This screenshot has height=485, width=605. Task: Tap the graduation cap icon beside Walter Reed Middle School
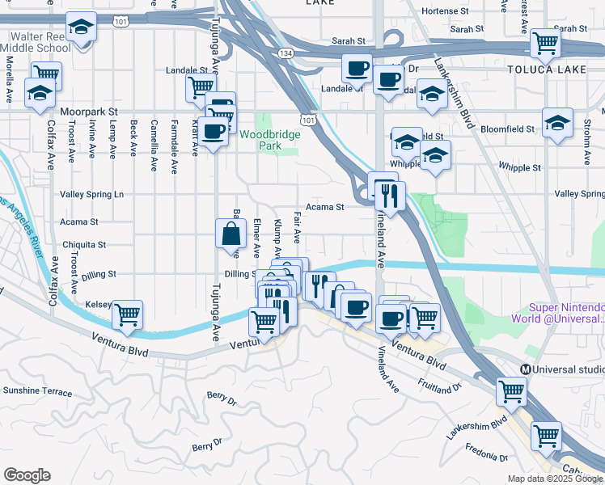click(x=80, y=28)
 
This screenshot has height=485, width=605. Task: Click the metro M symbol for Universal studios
click(x=525, y=369)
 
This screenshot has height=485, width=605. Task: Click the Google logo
click(x=27, y=475)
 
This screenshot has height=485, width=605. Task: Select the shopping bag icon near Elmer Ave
click(x=231, y=235)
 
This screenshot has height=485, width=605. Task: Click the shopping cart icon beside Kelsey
click(x=127, y=315)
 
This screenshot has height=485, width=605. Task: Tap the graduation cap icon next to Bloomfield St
click(x=557, y=124)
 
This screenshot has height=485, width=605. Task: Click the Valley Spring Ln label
click(x=92, y=195)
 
